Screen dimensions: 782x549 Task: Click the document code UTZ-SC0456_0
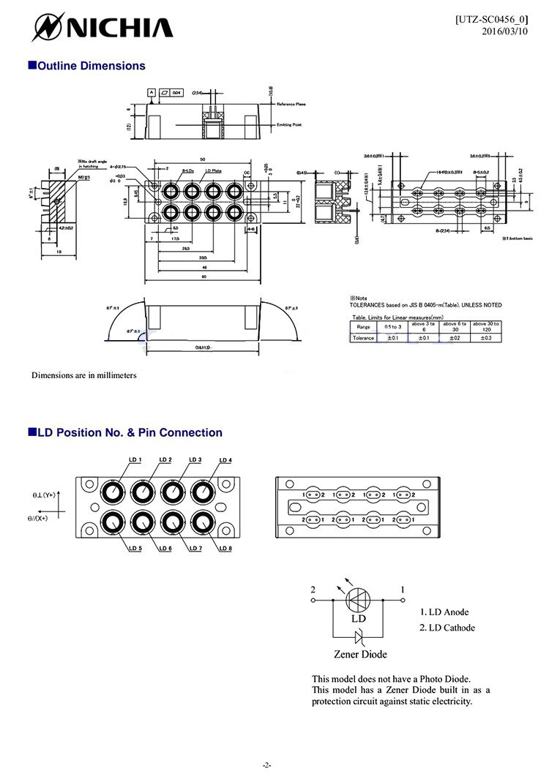(x=491, y=19)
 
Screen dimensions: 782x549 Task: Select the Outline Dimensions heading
(x=86, y=66)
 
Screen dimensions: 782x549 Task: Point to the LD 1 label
(x=135, y=459)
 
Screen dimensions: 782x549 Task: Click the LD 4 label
(x=225, y=460)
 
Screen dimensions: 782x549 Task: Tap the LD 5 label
(x=135, y=549)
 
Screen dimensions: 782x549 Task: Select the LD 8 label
(x=225, y=549)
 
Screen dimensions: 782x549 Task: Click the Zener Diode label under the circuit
(x=360, y=654)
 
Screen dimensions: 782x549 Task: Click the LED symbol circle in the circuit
(x=359, y=601)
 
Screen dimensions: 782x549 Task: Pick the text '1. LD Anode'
(x=444, y=612)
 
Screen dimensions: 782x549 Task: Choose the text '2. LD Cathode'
(x=447, y=628)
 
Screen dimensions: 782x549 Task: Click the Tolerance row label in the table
(x=364, y=338)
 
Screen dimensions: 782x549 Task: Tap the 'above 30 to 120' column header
(x=486, y=326)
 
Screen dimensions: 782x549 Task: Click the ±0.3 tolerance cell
(x=486, y=338)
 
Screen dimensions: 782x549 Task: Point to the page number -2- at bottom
(x=267, y=765)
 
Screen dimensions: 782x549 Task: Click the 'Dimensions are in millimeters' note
(x=83, y=375)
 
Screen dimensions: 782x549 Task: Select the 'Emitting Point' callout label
(x=291, y=125)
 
